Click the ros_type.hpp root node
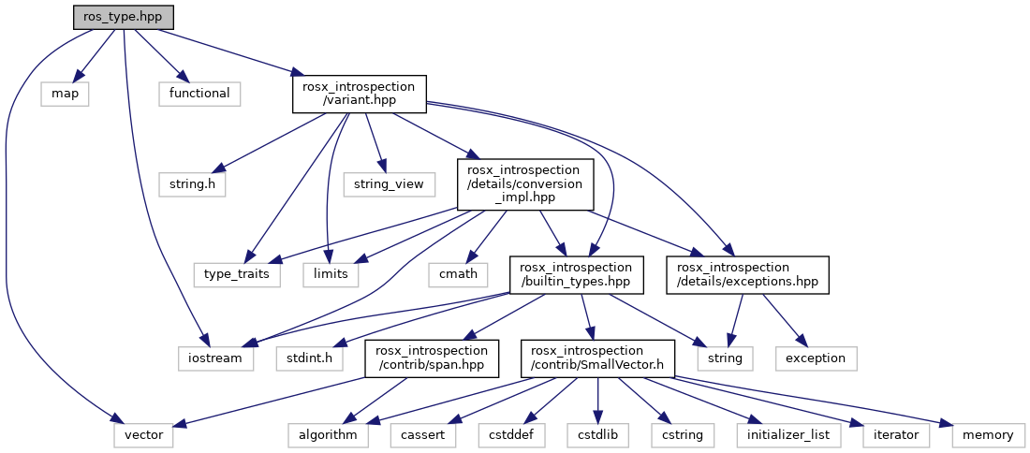pyautogui.click(x=123, y=17)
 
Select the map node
pyautogui.click(x=65, y=94)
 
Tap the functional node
pyautogui.click(x=199, y=94)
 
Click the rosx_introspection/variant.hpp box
pyautogui.click(x=360, y=95)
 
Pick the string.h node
pyautogui.click(x=193, y=184)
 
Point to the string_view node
pyautogui.click(x=390, y=184)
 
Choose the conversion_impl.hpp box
pyautogui.click(x=525, y=183)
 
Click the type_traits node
pyautogui.click(x=237, y=273)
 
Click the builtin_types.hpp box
pyautogui.click(x=577, y=273)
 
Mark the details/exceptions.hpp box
pyautogui.click(x=748, y=273)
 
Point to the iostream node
pyautogui.click(x=216, y=358)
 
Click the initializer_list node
pyautogui.click(x=787, y=435)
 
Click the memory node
pyautogui.click(x=988, y=435)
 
